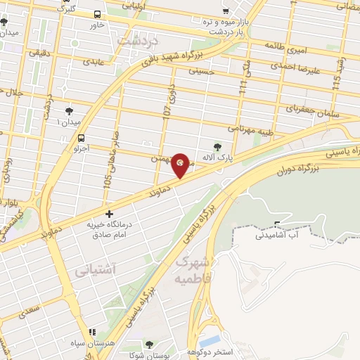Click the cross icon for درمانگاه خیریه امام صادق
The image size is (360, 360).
109,213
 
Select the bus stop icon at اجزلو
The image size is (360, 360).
82,138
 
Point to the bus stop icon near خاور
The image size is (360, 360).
96,14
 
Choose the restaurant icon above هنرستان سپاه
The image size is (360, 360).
91,332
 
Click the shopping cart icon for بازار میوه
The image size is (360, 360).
226,12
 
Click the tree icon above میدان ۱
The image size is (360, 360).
69,111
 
